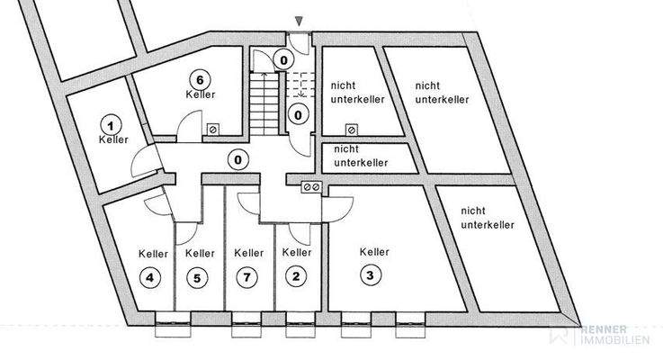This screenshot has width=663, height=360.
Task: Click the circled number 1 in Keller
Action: (x=112, y=124)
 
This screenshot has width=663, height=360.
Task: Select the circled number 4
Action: (x=151, y=277)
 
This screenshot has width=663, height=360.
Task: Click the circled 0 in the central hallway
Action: (x=238, y=161)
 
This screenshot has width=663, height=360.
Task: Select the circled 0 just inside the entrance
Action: (x=283, y=60)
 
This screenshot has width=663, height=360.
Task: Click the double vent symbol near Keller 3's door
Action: (x=311, y=186)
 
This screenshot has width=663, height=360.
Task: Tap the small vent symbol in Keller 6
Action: (x=212, y=129)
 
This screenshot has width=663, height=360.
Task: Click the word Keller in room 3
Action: (x=372, y=252)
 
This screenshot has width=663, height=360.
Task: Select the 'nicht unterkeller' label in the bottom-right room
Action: (x=487, y=217)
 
